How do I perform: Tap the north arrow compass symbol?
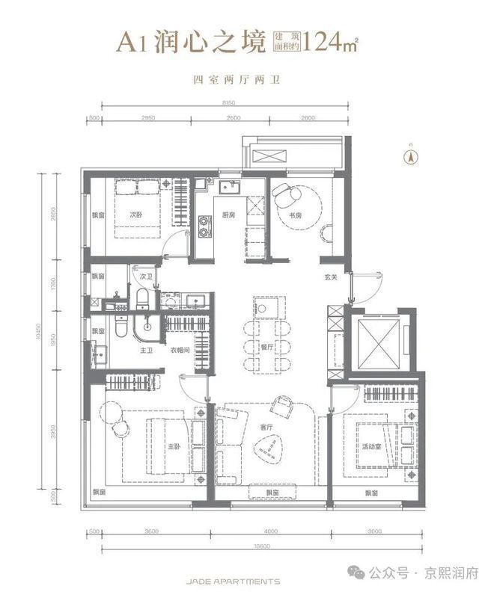pos(409,156)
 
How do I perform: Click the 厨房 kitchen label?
pos(228,215)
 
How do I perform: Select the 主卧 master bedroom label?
pos(174,447)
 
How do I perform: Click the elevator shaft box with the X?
pos(379,344)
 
